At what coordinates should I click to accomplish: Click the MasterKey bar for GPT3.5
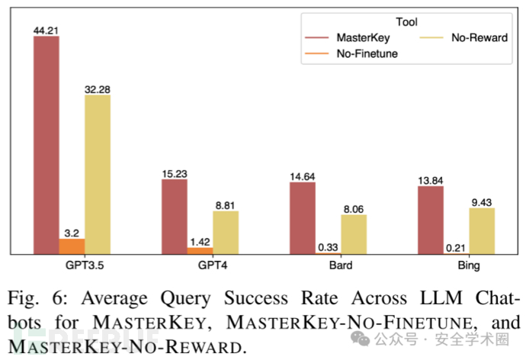(x=46, y=145)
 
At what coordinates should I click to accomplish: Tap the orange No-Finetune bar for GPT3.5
(x=72, y=246)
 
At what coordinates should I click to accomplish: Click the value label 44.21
(x=46, y=31)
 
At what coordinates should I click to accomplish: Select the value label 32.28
(x=97, y=89)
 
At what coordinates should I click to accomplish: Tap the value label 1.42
(x=200, y=242)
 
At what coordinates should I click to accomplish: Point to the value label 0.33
(x=328, y=247)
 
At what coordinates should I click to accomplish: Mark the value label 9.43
(x=481, y=202)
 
